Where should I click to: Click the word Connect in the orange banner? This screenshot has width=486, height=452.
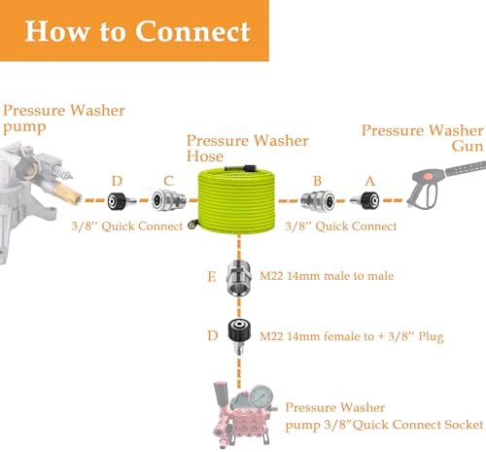pos(192,31)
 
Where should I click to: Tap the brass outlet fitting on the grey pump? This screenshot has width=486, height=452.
pos(67,193)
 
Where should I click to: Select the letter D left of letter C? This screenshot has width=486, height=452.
pos(117,181)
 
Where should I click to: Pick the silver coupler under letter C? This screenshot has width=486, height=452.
pos(169,201)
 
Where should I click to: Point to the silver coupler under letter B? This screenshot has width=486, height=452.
pos(318,201)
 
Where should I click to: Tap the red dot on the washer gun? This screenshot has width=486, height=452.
pos(429,177)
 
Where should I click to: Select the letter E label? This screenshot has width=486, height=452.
pos(212,276)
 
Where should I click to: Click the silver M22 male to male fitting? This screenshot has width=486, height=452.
pos(239,277)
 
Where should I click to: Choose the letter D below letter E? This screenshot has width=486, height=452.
pos(213,335)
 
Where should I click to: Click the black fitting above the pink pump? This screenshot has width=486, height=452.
pos(239,336)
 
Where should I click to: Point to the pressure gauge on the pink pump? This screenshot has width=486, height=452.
pos(261,396)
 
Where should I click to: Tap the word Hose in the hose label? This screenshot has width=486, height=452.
pos(205,156)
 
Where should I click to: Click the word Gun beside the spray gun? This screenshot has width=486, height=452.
pos(468,146)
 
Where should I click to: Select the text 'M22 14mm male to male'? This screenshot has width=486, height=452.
pos(327,276)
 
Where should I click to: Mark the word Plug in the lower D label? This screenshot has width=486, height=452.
pos(431,337)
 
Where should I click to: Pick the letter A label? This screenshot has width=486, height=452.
pos(369,181)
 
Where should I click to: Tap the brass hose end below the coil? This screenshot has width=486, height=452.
pos(193,225)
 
